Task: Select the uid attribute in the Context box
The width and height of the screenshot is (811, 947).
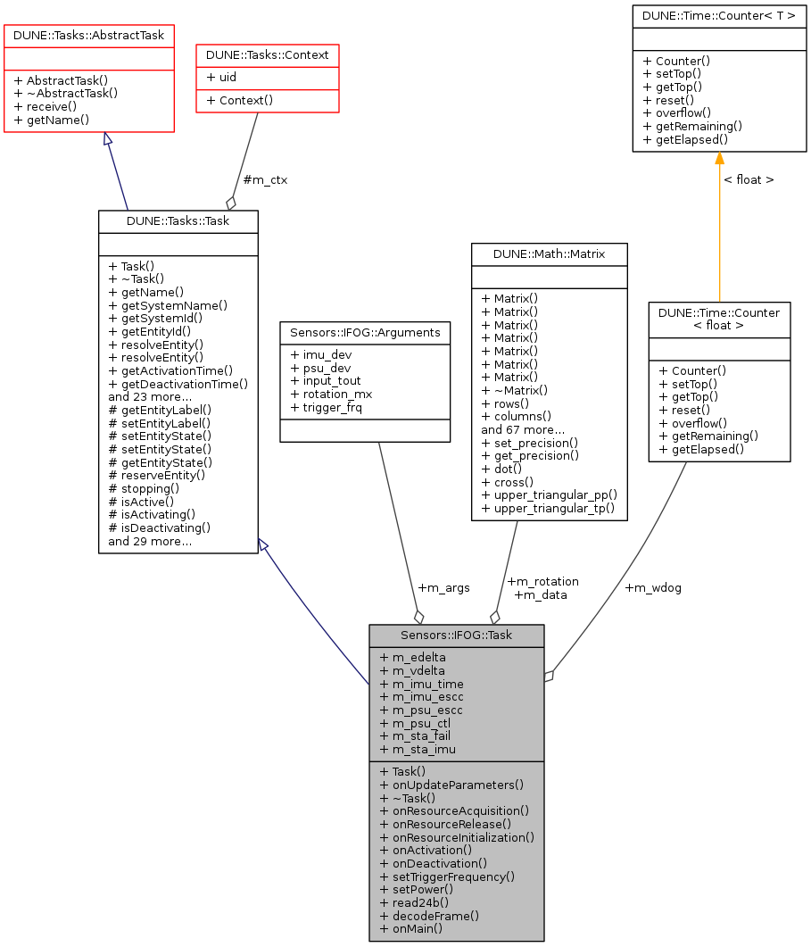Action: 221,77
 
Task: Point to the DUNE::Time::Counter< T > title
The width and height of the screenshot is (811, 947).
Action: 719,15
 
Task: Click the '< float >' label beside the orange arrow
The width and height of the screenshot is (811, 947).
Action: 748,179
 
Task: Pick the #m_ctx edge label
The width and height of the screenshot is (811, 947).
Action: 265,179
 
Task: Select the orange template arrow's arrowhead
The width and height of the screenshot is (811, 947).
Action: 719,159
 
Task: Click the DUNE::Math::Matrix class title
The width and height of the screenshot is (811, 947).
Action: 549,254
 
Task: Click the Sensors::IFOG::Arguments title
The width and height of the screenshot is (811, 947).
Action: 365,332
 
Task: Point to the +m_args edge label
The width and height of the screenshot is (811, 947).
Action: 443,587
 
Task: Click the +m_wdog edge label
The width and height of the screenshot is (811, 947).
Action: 653,587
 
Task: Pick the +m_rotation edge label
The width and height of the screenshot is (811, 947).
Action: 542,581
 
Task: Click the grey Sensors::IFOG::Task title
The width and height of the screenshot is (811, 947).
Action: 457,635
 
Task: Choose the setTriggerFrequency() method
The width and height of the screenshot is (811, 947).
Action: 447,876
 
